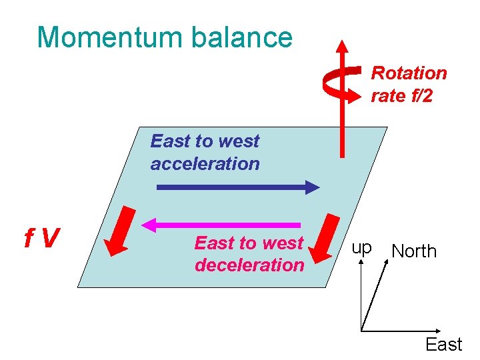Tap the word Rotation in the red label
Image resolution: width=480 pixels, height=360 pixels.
409,73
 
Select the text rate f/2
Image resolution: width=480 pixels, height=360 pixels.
401,96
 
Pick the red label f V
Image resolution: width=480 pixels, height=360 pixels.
42,237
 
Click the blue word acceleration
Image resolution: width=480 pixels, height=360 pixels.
205,163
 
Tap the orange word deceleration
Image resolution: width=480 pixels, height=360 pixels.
249,265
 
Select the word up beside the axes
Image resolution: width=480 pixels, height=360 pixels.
361,249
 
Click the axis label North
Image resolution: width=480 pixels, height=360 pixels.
414,251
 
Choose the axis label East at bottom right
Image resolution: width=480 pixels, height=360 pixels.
443,345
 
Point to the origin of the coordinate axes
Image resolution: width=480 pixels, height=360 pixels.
361,329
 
